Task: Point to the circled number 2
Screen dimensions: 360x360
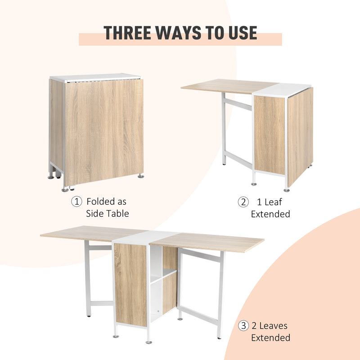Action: (x=243, y=202)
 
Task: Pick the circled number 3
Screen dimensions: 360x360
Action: (x=243, y=326)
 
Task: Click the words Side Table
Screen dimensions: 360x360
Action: (x=107, y=213)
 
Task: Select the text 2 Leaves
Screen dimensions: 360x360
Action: (x=269, y=326)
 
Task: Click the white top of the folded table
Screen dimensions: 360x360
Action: (x=94, y=77)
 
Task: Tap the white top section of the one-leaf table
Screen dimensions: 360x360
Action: (x=283, y=90)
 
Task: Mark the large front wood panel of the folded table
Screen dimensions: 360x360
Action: (x=103, y=130)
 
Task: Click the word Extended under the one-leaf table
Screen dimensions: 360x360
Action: (x=270, y=214)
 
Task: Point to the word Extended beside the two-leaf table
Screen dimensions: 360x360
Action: (x=270, y=337)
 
